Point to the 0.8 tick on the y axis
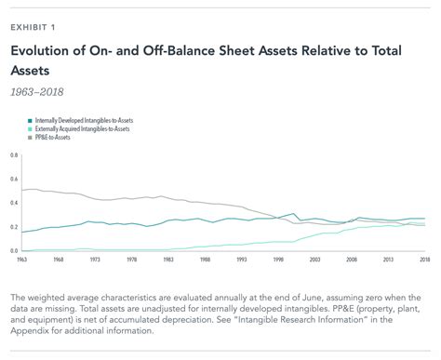(x=14, y=154)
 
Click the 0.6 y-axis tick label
(x=14, y=179)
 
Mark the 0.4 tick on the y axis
(x=14, y=203)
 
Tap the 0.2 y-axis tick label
(x=14, y=227)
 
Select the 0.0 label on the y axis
(x=14, y=251)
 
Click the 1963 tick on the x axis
(x=23, y=260)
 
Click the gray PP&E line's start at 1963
(x=23, y=191)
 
